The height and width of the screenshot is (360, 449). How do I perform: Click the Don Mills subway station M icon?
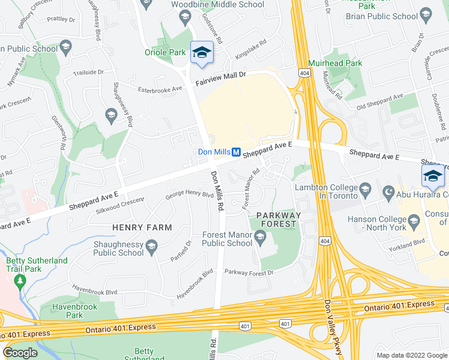(237, 152)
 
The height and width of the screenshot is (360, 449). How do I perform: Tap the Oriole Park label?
(165, 52)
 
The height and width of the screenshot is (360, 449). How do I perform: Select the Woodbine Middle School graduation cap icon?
(185, 19)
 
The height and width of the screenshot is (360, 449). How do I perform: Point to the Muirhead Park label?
(335, 62)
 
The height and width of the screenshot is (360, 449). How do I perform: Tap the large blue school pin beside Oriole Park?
(202, 53)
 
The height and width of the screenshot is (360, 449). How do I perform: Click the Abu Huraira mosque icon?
(388, 194)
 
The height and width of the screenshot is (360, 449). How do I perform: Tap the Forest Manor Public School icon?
(261, 239)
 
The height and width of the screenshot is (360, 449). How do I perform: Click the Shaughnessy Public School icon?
(152, 244)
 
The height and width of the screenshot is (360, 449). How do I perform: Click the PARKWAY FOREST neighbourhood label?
(276, 219)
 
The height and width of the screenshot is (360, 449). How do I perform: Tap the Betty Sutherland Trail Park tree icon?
(21, 281)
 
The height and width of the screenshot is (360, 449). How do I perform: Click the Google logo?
(20, 353)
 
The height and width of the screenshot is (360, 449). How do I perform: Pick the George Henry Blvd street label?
(190, 195)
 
